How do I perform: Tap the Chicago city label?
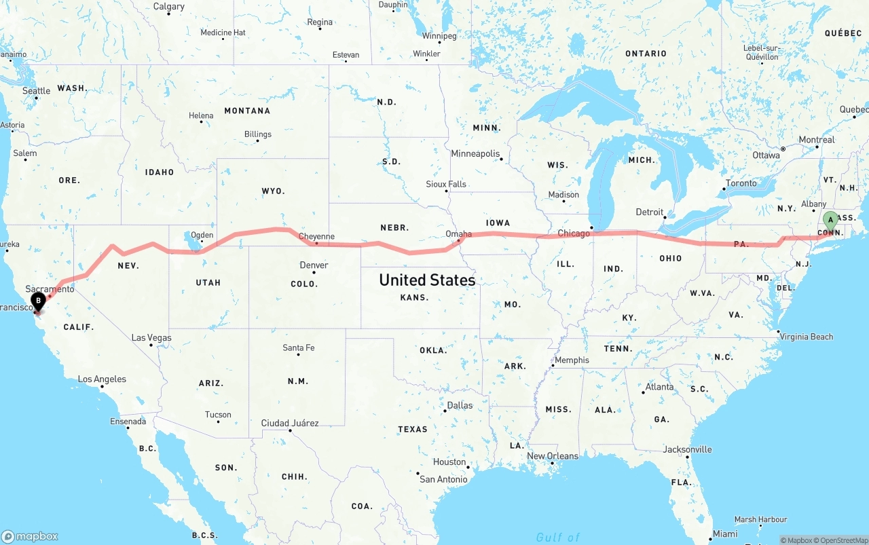pyautogui.click(x=574, y=233)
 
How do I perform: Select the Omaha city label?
pyautogui.click(x=458, y=234)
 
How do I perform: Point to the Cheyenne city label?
pyautogui.click(x=316, y=237)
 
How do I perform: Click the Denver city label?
pyautogui.click(x=314, y=265)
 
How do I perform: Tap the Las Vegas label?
pyautogui.click(x=151, y=338)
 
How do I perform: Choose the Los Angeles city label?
pyautogui.click(x=102, y=379)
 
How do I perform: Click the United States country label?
pyautogui.click(x=427, y=280)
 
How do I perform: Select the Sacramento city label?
pyautogui.click(x=50, y=289)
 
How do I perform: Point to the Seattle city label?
pyautogui.click(x=36, y=91)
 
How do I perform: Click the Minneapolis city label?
pyautogui.click(x=475, y=154)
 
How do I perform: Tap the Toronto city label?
pyautogui.click(x=741, y=183)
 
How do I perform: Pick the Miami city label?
pyautogui.click(x=725, y=534)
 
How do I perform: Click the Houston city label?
pyautogui.click(x=449, y=462)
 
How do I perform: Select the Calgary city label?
pyautogui.click(x=168, y=7)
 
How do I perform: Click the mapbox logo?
pyautogui.click(x=30, y=536)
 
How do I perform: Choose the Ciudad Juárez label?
pyautogui.click(x=290, y=424)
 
